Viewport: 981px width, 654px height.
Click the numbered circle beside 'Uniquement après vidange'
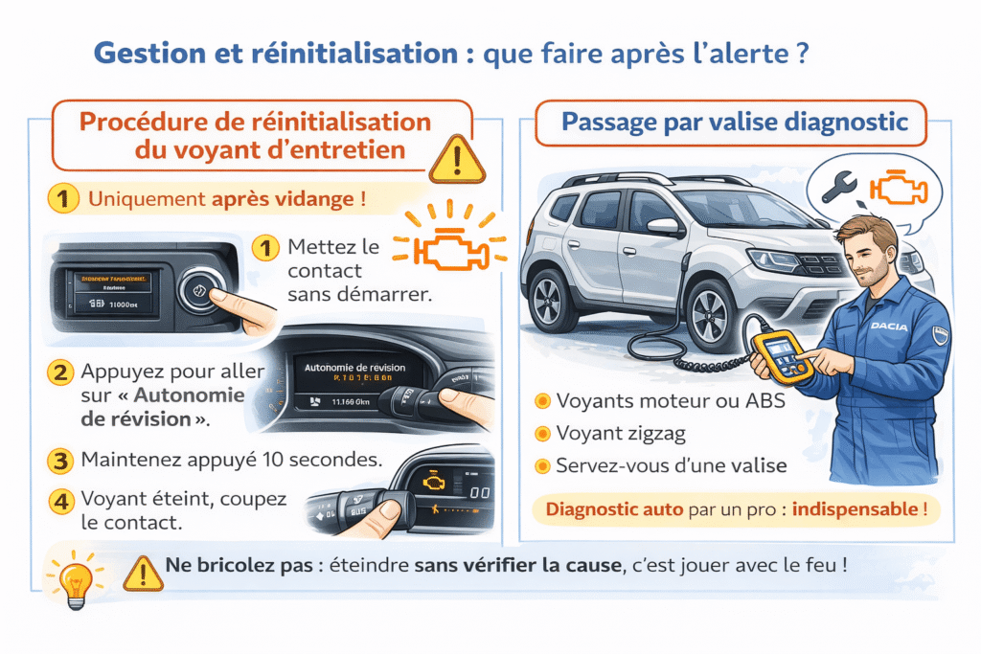pos(62,200)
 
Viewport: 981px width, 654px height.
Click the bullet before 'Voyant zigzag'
pos(542,434)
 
